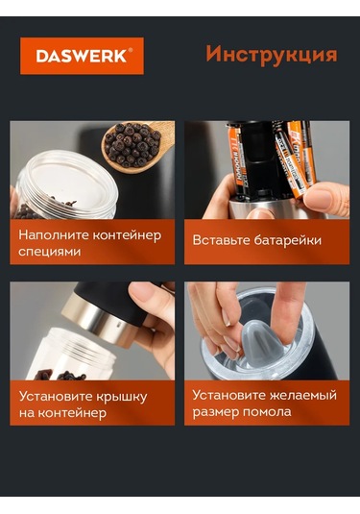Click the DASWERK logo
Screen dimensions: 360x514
click(x=82, y=56)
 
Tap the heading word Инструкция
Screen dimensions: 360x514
click(x=272, y=55)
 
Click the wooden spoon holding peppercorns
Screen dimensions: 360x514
click(x=138, y=144)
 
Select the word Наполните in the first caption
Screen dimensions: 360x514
click(x=53, y=235)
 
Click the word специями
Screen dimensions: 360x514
click(x=50, y=252)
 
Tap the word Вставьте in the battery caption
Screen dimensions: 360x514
click(x=221, y=240)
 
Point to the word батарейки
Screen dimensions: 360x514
click(x=288, y=240)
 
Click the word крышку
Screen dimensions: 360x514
click(x=122, y=397)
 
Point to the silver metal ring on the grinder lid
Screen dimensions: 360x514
click(x=98, y=319)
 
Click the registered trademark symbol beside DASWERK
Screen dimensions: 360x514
click(x=130, y=50)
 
